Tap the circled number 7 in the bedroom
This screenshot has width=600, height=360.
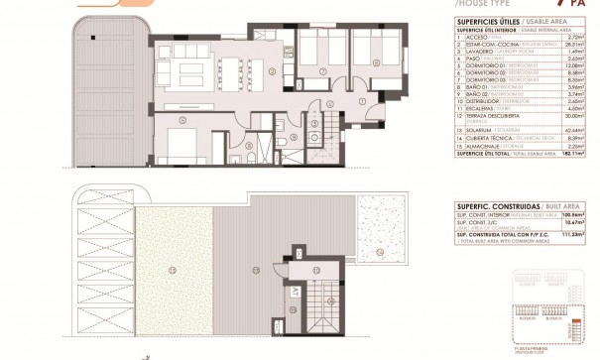coord(323,70)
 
